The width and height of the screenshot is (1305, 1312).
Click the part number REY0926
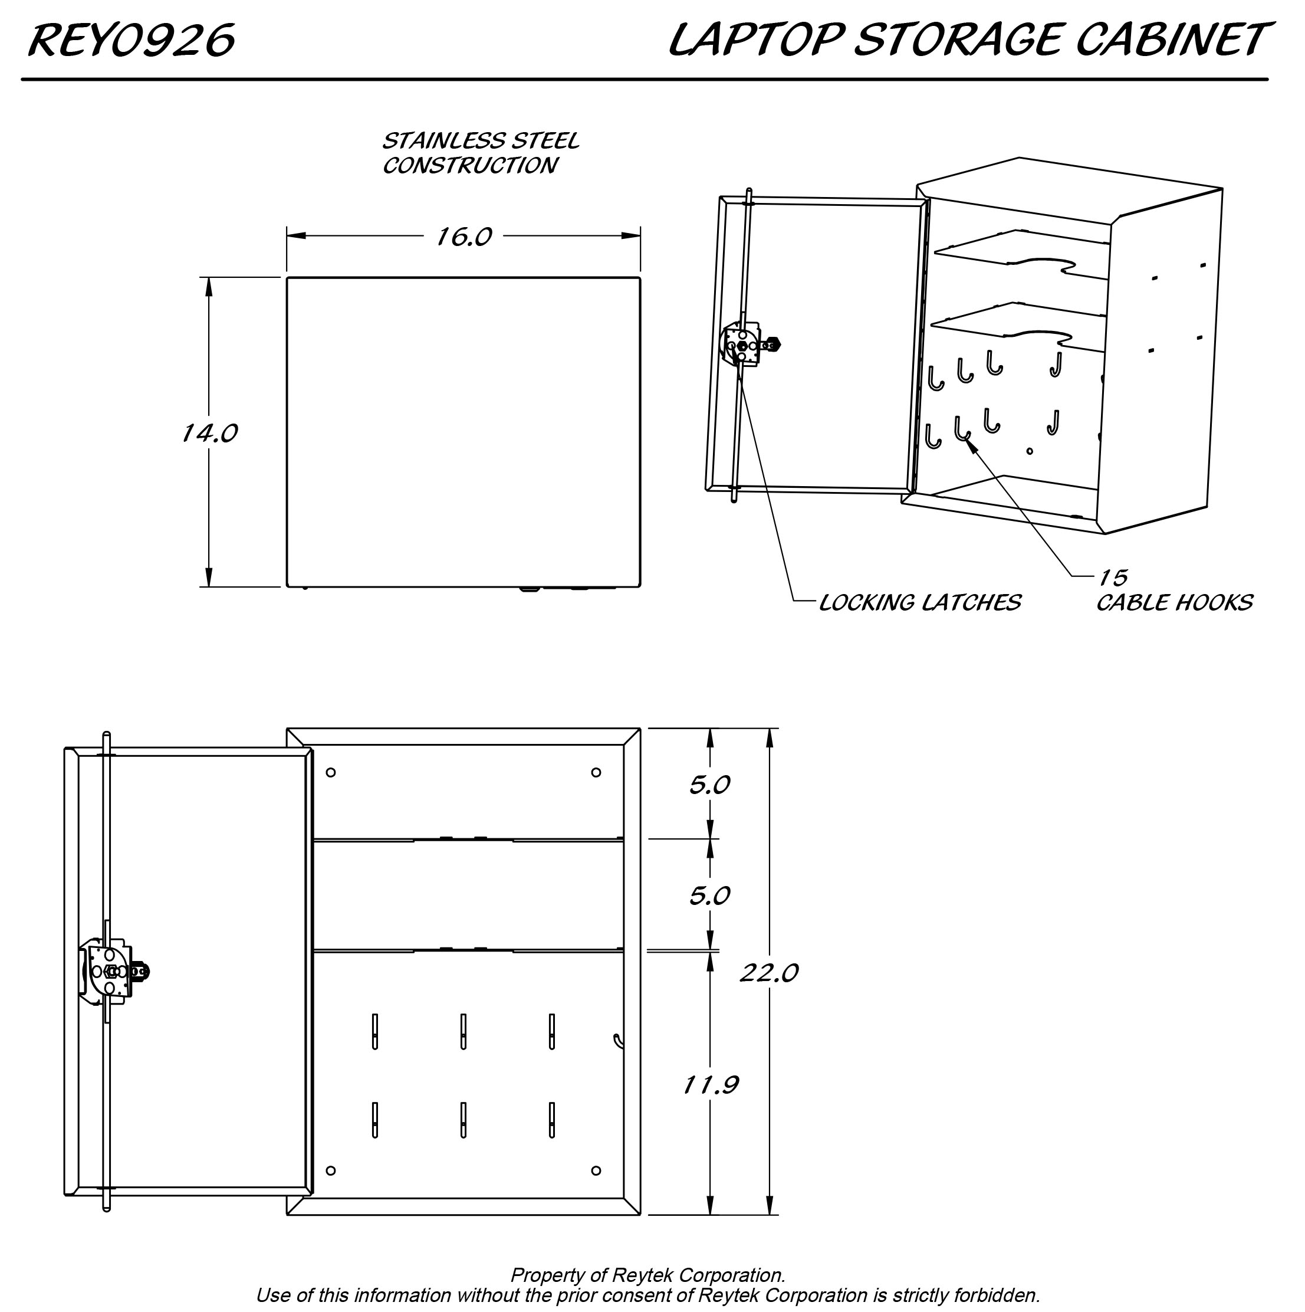pyautogui.click(x=131, y=40)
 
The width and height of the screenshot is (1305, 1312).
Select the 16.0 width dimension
pyautogui.click(x=463, y=237)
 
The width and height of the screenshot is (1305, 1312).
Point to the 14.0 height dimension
pyautogui.click(x=209, y=433)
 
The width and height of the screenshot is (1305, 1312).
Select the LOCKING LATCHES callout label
pyautogui.click(x=919, y=603)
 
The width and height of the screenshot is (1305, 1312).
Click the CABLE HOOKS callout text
pyautogui.click(x=1174, y=603)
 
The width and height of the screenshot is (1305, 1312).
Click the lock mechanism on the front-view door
pyautogui.click(x=112, y=972)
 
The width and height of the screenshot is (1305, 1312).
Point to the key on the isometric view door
pyautogui.click(x=772, y=345)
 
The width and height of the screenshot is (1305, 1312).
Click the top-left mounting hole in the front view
pyautogui.click(x=331, y=772)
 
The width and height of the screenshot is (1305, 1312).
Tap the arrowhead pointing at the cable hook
pyautogui.click(x=969, y=443)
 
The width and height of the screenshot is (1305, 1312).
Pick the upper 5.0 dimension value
pyautogui.click(x=709, y=786)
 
